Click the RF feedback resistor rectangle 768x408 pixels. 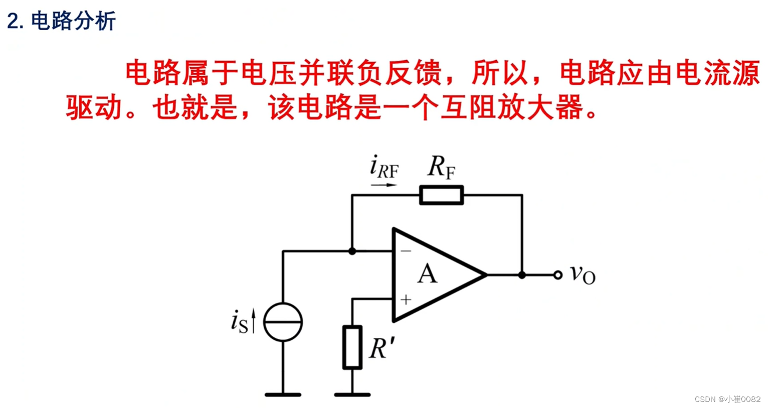(x=441, y=195)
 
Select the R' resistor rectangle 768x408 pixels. (x=352, y=347)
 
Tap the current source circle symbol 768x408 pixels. (x=283, y=322)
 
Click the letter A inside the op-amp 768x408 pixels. (x=427, y=274)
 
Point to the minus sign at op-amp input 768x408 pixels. (x=406, y=250)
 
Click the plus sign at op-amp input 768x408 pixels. (x=406, y=300)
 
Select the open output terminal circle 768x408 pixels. (x=558, y=275)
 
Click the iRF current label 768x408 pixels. (x=384, y=168)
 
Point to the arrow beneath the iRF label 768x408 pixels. (x=383, y=185)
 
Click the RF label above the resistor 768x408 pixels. (x=441, y=167)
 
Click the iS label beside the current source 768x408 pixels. (x=240, y=322)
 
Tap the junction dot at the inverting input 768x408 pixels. (x=352, y=251)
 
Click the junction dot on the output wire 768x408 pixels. (x=522, y=275)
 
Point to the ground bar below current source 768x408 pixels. (x=283, y=395)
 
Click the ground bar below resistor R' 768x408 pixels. (x=352, y=395)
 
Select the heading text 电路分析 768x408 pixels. (x=73, y=21)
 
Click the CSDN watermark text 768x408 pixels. (x=727, y=399)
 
